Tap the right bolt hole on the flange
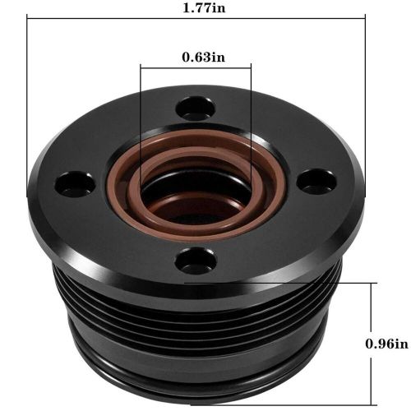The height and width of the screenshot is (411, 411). coord(316,181)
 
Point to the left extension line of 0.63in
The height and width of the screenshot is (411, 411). coord(141,123)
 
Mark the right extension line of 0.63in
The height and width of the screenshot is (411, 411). coord(252,123)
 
